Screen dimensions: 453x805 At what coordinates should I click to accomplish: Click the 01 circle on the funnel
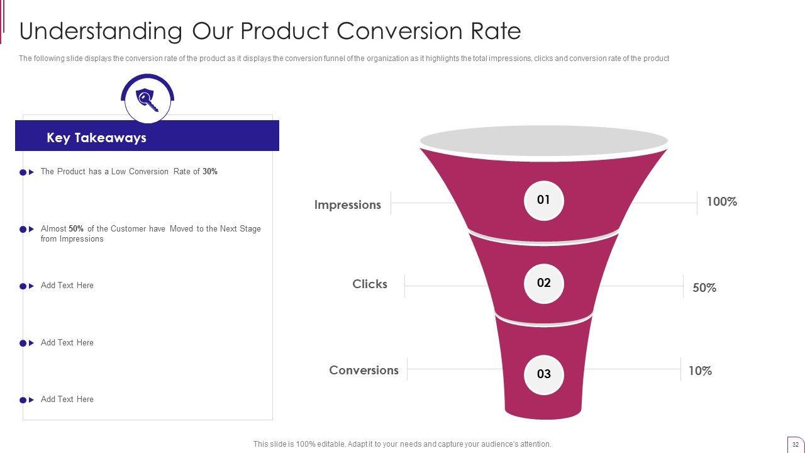543,201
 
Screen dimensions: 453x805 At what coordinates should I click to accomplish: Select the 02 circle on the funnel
543,284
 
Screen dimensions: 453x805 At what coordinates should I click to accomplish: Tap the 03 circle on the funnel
543,374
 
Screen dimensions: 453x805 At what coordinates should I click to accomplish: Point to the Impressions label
347,205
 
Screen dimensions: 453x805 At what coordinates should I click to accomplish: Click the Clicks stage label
370,284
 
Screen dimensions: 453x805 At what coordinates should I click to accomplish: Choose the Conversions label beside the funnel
364,371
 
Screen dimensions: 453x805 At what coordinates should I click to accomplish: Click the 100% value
721,202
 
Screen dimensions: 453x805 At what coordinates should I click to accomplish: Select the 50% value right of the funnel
704,288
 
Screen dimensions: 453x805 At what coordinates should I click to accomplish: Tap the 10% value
700,371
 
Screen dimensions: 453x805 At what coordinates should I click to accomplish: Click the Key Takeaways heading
96,138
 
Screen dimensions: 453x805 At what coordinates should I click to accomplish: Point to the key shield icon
147,99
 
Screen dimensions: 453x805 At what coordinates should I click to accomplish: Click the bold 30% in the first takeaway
210,172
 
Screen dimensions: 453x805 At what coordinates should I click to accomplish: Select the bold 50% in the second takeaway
76,229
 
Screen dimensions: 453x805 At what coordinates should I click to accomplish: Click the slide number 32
796,444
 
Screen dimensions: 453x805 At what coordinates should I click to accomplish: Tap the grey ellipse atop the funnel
543,140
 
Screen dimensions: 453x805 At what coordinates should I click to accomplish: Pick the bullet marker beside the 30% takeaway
26,172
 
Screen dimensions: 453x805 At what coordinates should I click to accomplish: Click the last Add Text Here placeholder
67,400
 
